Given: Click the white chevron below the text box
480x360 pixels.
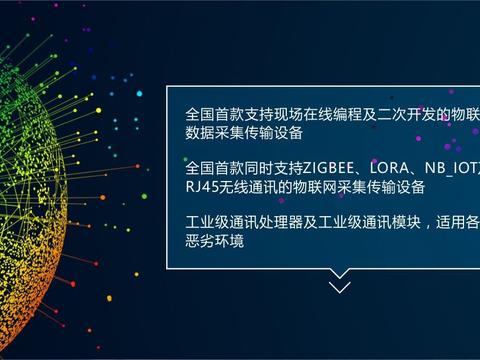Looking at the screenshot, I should coord(340,287).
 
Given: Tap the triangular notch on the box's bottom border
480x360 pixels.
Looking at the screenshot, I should coord(340,271).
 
